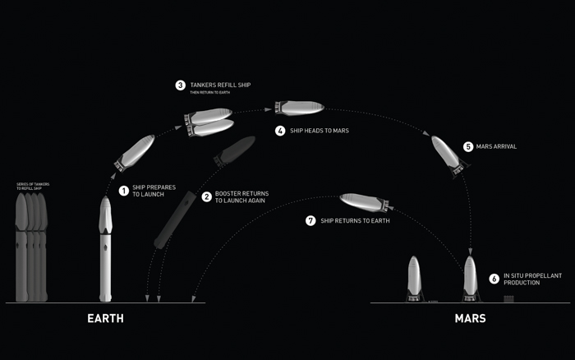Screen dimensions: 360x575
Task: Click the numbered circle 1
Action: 124,191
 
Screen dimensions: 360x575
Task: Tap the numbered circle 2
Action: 207,196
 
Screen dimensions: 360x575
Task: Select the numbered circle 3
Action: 181,85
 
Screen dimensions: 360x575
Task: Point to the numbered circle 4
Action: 280,131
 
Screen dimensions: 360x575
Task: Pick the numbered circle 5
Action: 468,146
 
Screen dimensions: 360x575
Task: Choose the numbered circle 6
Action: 494,279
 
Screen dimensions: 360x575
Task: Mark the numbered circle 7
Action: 310,220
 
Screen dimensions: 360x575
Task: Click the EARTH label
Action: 105,318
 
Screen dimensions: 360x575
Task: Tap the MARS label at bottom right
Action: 470,318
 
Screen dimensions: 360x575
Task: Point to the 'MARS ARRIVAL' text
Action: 497,146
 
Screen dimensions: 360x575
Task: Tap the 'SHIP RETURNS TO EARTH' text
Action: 355,220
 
